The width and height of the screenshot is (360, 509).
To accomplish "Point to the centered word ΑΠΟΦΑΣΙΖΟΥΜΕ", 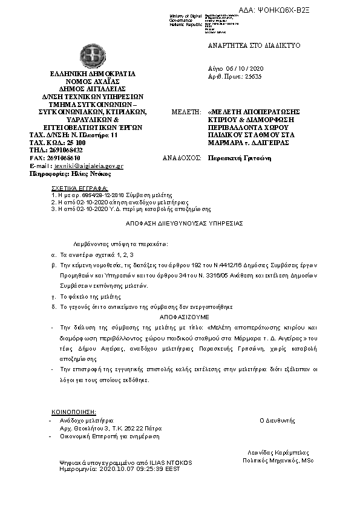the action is click(x=185, y=316).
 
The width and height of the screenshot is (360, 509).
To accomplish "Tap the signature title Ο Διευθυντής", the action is click(x=277, y=419).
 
